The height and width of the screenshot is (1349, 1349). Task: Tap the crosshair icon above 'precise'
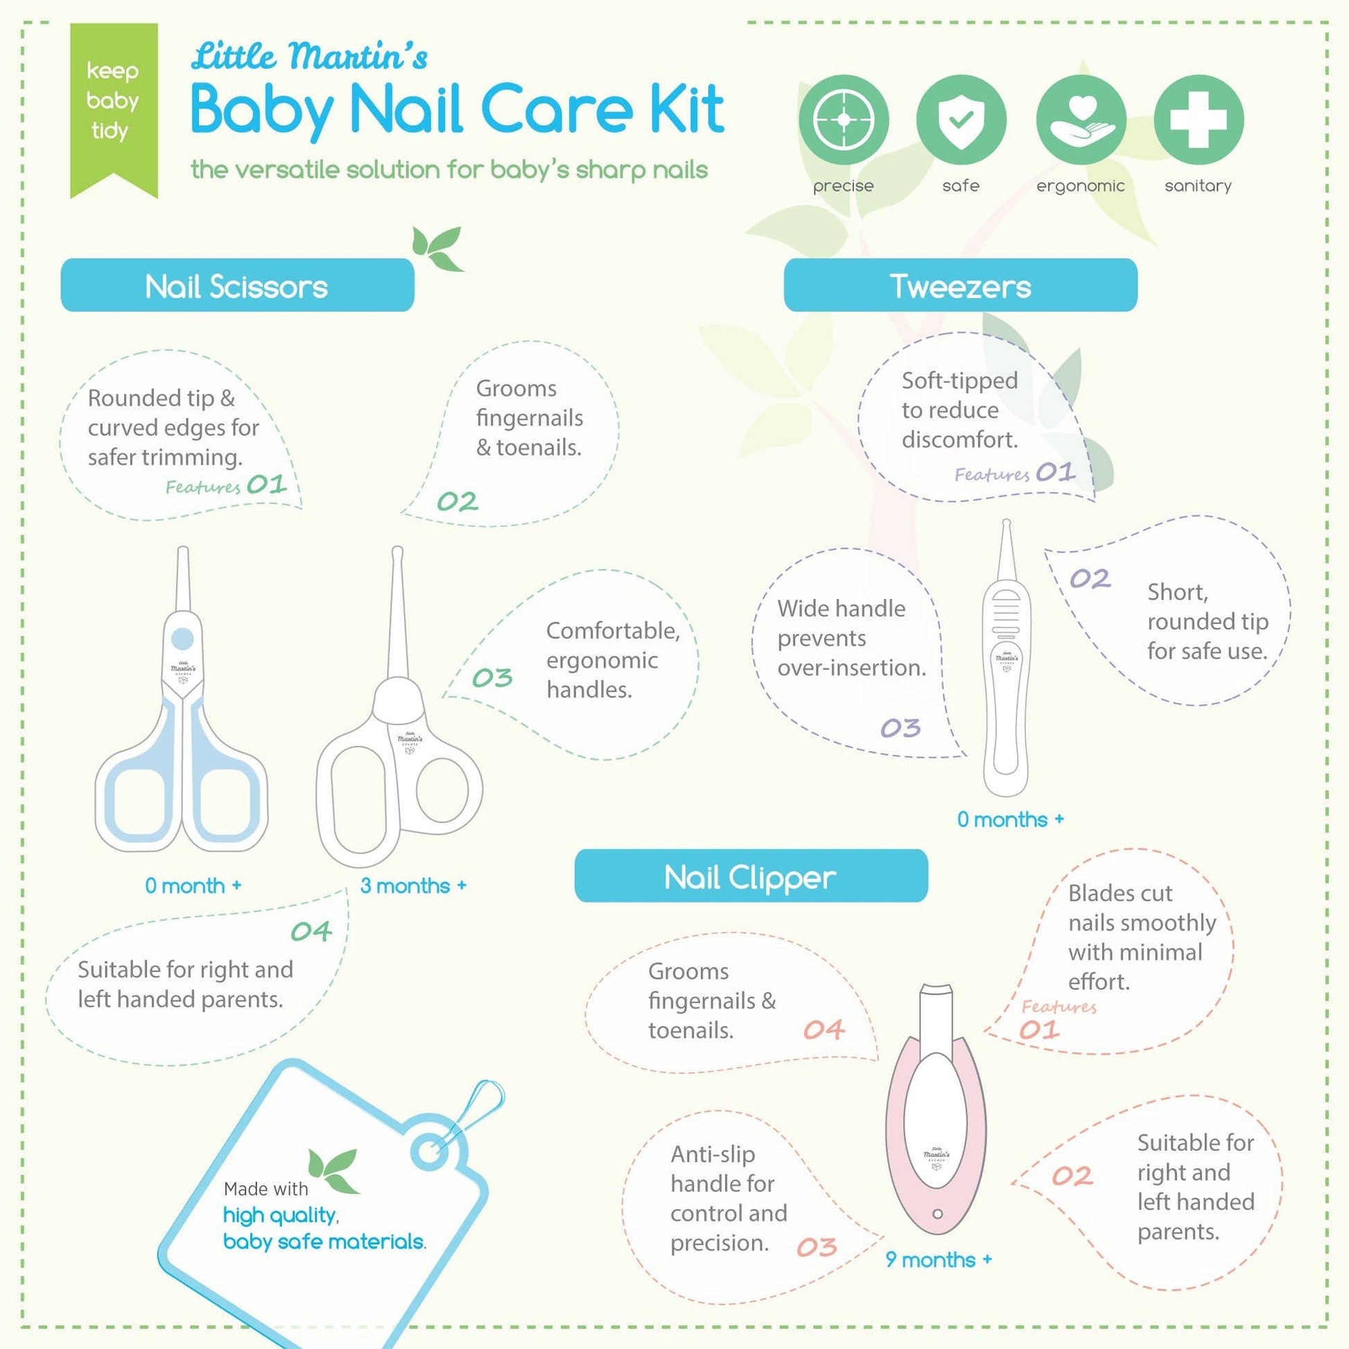(844, 120)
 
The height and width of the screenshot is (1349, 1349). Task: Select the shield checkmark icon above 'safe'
(961, 120)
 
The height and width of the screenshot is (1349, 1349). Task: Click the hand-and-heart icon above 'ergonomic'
(1080, 120)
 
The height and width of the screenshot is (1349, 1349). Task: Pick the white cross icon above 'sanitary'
(1198, 120)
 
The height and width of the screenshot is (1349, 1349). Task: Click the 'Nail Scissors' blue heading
(237, 286)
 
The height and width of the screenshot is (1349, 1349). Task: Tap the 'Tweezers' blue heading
(960, 286)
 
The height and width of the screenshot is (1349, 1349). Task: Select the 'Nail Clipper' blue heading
(751, 876)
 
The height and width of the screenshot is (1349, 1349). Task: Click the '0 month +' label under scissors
(193, 885)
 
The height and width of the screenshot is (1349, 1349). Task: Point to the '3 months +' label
(413, 885)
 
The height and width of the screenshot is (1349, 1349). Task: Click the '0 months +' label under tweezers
(1010, 819)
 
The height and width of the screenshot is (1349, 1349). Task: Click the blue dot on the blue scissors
(182, 638)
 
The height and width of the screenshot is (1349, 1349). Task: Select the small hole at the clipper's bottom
(938, 1214)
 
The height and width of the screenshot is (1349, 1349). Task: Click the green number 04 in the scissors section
(311, 931)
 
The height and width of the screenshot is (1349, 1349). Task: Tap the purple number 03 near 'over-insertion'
(900, 729)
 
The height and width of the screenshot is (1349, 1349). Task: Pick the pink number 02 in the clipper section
(1072, 1176)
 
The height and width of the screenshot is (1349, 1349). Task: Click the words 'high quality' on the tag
(279, 1216)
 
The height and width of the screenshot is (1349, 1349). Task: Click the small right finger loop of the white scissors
(443, 790)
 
